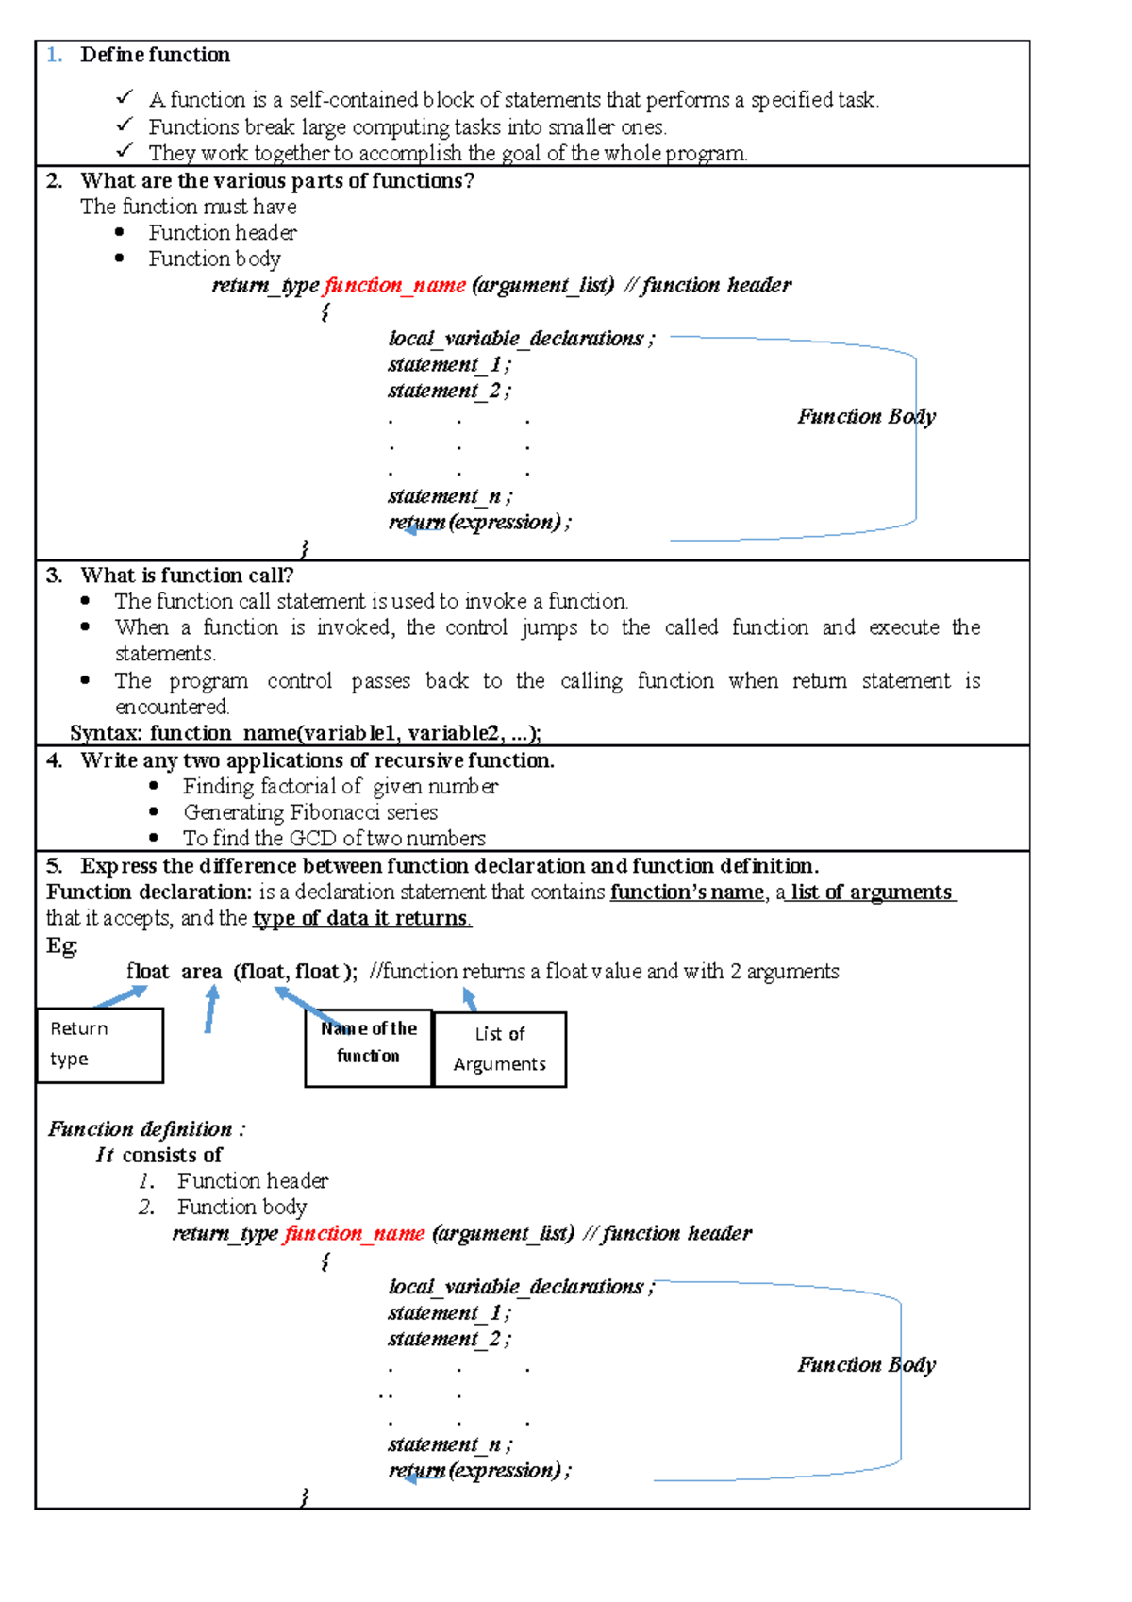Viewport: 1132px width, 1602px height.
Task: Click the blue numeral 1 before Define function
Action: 53,55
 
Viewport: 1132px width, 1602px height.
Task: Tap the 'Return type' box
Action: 99,1044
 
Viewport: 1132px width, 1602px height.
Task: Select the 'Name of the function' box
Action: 368,1047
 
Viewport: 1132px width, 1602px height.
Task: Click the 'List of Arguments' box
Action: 499,1049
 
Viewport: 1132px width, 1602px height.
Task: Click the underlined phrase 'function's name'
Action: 687,892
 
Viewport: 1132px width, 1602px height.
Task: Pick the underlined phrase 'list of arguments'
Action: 872,892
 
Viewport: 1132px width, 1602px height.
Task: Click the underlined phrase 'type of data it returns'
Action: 361,918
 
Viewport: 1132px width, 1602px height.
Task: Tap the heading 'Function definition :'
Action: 146,1128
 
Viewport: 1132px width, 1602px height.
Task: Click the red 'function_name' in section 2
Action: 394,285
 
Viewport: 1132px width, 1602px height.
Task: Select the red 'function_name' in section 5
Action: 355,1233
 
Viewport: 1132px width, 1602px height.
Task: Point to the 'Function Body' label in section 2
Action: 866,416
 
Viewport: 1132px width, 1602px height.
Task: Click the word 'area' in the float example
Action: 201,972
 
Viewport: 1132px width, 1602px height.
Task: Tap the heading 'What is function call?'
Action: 187,575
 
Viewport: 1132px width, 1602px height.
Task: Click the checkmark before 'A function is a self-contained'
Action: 125,97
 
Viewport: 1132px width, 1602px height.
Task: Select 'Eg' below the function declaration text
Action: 61,945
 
